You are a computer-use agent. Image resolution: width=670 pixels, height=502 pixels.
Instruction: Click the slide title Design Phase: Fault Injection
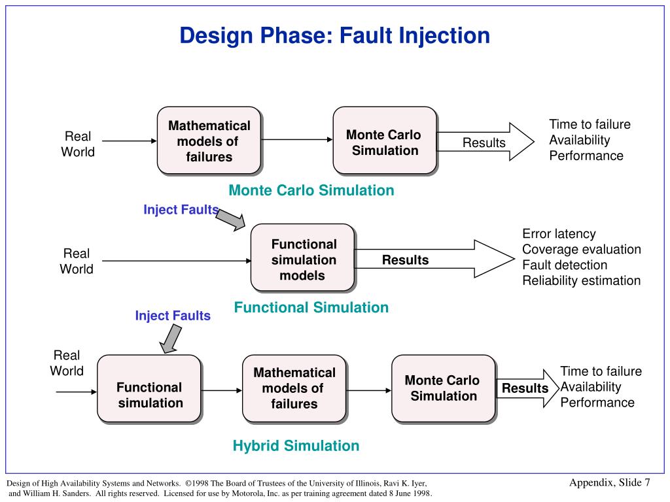(x=334, y=35)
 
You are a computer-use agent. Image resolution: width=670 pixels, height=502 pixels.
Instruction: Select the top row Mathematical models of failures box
(x=209, y=141)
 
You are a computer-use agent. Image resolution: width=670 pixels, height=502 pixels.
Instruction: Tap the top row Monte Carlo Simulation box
(x=384, y=141)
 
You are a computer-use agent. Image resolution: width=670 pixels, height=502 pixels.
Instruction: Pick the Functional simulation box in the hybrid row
(x=149, y=389)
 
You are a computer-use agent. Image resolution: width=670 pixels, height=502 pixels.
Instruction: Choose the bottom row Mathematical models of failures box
(x=294, y=389)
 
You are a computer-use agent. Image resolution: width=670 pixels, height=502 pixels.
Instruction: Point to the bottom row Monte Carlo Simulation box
(x=443, y=389)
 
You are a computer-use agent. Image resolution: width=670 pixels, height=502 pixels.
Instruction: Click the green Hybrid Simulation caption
(x=296, y=446)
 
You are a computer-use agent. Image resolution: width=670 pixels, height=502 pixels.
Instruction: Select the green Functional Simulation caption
(x=311, y=307)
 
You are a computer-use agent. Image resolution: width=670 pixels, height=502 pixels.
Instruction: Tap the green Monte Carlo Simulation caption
(x=311, y=190)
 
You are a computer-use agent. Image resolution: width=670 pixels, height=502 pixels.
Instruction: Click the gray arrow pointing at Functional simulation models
(x=230, y=221)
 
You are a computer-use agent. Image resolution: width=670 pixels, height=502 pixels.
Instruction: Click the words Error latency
(x=559, y=233)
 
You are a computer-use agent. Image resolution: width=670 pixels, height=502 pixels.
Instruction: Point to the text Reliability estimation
(x=581, y=280)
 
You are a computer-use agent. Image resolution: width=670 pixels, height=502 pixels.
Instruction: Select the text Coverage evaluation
(x=581, y=249)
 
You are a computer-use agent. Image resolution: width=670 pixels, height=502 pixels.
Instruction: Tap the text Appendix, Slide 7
(x=609, y=482)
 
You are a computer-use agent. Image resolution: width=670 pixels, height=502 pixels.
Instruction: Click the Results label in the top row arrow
(x=484, y=142)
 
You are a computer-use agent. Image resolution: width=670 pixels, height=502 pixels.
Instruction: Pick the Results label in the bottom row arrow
(x=525, y=388)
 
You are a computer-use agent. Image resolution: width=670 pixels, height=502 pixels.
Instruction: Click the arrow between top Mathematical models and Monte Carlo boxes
(x=297, y=139)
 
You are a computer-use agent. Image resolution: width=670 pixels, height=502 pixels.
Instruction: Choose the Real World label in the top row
(x=77, y=144)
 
